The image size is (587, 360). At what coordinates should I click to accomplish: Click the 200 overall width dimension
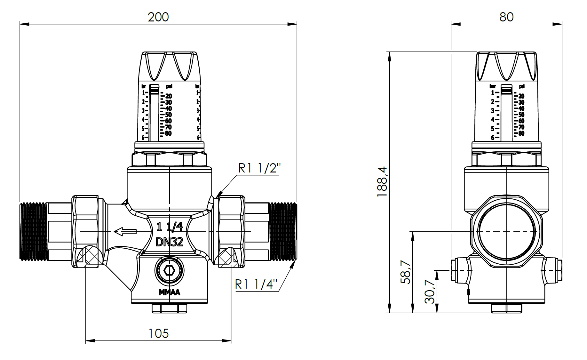click(158, 17)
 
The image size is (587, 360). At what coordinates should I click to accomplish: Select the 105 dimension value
click(158, 333)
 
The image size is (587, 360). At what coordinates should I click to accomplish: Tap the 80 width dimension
click(506, 17)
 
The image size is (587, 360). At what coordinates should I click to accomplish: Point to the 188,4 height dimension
click(382, 181)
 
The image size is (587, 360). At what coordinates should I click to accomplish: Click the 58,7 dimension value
click(406, 272)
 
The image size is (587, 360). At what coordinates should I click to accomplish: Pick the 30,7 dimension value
click(430, 292)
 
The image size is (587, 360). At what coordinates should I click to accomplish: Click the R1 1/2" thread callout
click(259, 168)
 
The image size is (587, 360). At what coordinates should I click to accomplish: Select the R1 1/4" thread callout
click(256, 284)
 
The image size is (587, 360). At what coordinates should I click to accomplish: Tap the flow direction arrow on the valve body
click(125, 231)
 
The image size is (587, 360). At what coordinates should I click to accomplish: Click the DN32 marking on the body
click(170, 242)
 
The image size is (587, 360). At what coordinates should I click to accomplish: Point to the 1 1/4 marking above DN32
click(170, 227)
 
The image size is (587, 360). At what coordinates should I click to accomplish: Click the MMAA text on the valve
click(170, 292)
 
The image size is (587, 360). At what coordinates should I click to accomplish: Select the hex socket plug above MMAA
click(169, 271)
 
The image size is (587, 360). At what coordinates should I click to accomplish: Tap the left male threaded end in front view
click(33, 231)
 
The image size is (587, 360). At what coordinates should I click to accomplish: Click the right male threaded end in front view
click(283, 231)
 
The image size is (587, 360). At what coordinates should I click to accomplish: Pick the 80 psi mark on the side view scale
click(521, 133)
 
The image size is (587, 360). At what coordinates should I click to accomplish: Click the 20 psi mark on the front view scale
click(169, 96)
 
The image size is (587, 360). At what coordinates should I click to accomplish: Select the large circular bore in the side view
click(507, 231)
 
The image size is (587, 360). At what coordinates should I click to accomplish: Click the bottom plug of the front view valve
click(169, 308)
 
